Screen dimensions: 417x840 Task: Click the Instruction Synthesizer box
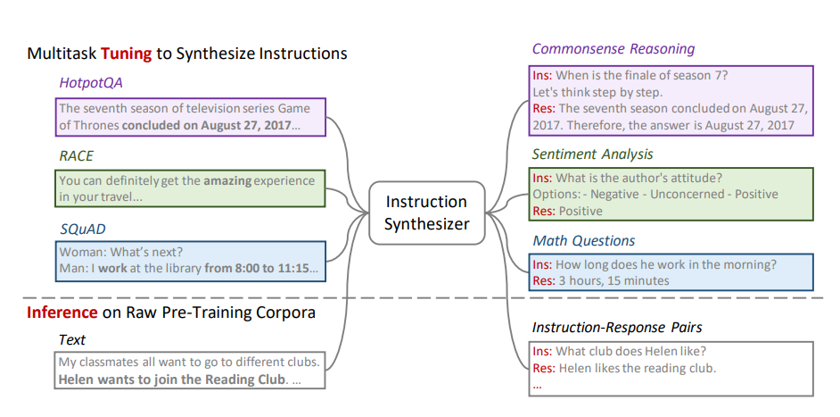click(x=426, y=213)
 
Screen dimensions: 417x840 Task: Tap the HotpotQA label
click(x=90, y=83)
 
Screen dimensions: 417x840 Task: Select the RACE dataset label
click(x=76, y=155)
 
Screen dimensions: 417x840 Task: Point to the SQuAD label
click(x=84, y=229)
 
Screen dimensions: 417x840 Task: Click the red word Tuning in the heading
click(x=126, y=54)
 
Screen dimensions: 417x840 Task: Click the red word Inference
click(x=62, y=313)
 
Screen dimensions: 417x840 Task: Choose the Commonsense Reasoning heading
click(x=613, y=49)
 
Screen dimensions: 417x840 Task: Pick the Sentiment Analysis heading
click(x=592, y=154)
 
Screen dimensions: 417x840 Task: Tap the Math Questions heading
click(x=583, y=240)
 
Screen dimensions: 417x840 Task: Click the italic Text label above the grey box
click(x=72, y=339)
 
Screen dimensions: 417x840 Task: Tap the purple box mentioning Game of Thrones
click(x=185, y=117)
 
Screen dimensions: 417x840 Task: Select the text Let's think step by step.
click(x=597, y=92)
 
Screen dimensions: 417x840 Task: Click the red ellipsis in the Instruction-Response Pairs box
click(x=536, y=386)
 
